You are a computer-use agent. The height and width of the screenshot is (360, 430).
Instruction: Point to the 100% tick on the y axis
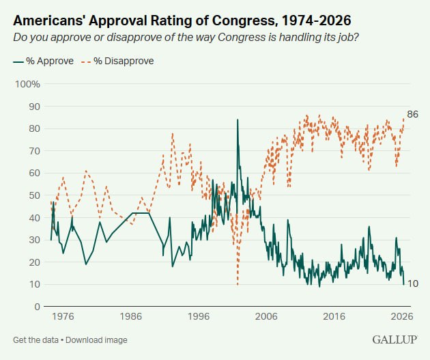[28, 84]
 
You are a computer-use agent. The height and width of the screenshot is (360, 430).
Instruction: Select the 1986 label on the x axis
[131, 317]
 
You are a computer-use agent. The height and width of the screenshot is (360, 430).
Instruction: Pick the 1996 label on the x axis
[199, 317]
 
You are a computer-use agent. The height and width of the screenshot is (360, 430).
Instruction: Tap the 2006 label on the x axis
[266, 317]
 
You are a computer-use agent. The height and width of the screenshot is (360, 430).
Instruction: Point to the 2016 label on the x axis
[334, 317]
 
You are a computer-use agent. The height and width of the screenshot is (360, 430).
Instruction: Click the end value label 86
[412, 114]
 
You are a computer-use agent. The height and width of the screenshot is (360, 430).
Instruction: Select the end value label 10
[412, 283]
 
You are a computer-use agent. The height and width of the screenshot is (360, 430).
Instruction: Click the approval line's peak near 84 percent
[238, 120]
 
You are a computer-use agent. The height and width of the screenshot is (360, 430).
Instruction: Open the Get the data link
[35, 340]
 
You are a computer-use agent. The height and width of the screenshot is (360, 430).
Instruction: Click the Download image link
[97, 340]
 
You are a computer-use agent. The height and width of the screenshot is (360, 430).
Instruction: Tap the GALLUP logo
[395, 339]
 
